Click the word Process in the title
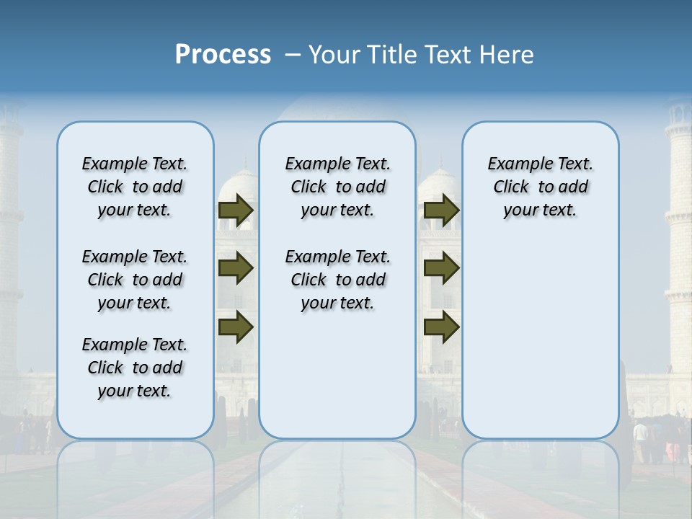223,55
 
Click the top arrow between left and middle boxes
236,210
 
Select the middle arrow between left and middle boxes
236,269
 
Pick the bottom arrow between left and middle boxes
236,327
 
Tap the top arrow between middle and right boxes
442,210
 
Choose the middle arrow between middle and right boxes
442,268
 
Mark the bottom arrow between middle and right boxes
442,327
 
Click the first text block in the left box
135,187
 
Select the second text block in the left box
135,280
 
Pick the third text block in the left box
135,368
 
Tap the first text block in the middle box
337,187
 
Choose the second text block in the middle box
337,280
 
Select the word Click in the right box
511,187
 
